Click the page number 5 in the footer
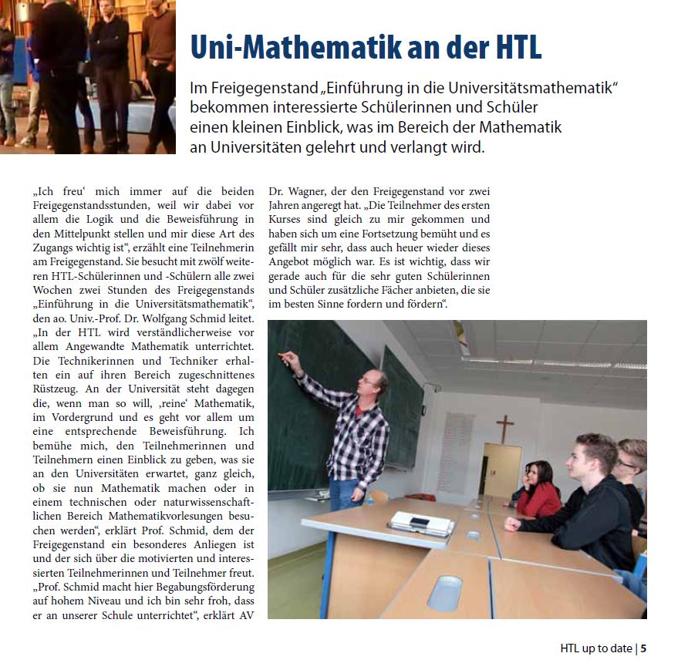[643, 648]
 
